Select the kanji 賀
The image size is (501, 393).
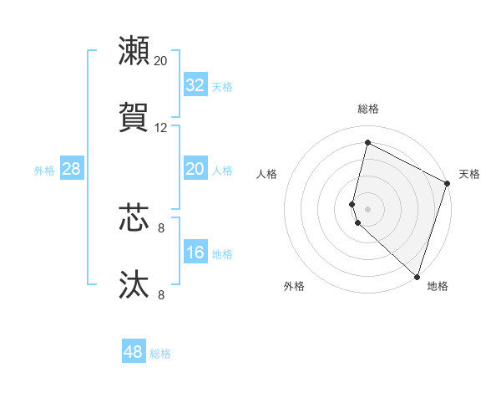click(134, 117)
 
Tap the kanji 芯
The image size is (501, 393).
click(134, 217)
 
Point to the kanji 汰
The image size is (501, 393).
click(134, 284)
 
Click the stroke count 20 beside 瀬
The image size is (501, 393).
click(161, 61)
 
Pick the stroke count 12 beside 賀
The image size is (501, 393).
click(161, 128)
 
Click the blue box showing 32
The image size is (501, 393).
click(195, 84)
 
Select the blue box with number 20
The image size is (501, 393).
click(195, 169)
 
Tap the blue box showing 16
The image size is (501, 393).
click(195, 253)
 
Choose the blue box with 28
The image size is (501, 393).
click(72, 169)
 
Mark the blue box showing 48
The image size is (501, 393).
click(134, 352)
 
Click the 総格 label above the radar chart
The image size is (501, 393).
click(368, 109)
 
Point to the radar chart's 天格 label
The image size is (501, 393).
click(469, 174)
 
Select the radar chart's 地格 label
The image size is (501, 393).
click(438, 286)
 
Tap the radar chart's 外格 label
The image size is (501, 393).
click(294, 286)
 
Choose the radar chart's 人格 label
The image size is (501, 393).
click(267, 174)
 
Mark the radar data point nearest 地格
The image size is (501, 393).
click(417, 276)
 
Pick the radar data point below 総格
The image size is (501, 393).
click(367, 143)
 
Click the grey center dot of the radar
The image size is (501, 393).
click(368, 208)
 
